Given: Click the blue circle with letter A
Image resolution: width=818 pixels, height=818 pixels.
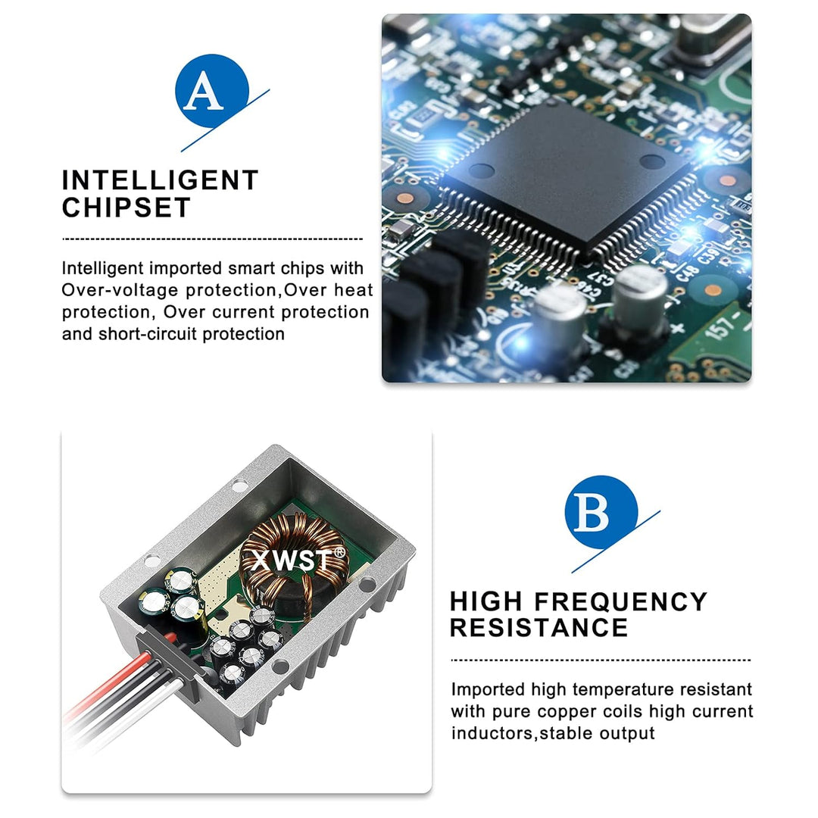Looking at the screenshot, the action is (x=212, y=91).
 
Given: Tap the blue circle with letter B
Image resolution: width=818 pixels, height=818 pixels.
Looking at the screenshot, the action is (x=601, y=512).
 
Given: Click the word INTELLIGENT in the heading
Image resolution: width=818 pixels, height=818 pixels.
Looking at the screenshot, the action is (x=160, y=180).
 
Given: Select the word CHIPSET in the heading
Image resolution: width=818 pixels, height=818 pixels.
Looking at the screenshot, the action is (x=126, y=208).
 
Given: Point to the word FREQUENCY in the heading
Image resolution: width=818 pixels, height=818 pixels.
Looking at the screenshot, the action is (x=621, y=601).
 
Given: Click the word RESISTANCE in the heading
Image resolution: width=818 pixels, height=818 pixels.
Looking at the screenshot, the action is (x=539, y=628).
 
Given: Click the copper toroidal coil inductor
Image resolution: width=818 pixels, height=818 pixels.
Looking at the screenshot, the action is (x=295, y=560).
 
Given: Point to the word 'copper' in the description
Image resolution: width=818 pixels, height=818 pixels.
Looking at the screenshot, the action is (x=557, y=712).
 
